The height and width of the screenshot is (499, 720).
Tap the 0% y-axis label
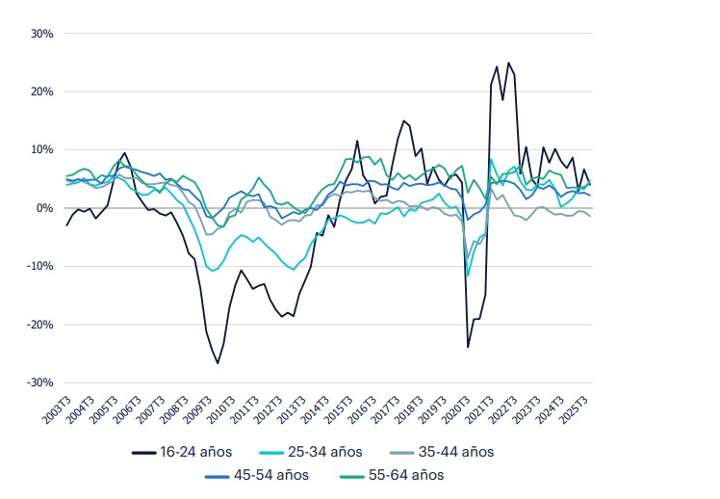(43, 208)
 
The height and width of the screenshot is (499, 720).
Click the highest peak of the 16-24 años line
(509, 64)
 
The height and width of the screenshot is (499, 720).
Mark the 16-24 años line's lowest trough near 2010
(218, 363)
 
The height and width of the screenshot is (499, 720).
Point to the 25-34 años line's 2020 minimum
(469, 276)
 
